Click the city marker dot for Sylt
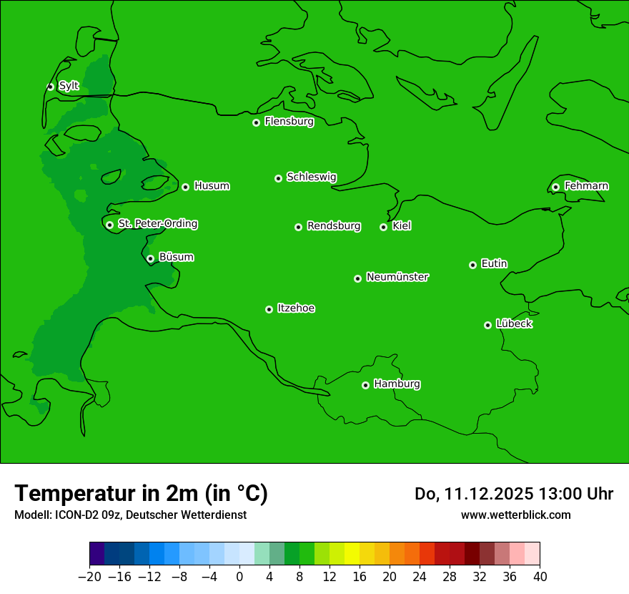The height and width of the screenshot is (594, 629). tap(50, 87)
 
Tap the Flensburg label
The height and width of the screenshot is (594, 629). tap(289, 122)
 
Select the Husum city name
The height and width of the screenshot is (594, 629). tap(212, 186)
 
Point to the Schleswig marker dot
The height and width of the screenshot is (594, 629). tap(278, 178)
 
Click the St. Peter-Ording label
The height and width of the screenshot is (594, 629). tap(157, 224)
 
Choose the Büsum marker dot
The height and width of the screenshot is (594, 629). tap(150, 258)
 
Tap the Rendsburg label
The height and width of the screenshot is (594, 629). tap(334, 226)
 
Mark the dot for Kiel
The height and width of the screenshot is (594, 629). tap(383, 227)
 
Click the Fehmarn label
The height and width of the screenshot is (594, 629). tap(586, 186)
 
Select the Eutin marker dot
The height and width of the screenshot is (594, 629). tap(472, 265)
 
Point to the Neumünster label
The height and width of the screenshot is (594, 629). tap(397, 277)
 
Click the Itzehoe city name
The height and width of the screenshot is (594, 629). tap(296, 308)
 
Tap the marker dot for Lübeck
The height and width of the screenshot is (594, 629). tap(487, 325)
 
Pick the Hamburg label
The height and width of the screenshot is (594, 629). tap(397, 384)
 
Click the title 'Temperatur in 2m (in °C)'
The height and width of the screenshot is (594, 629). tap(141, 493)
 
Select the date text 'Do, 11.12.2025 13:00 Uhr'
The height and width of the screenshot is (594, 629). tap(514, 494)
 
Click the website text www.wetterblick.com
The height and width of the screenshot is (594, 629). tap(515, 515)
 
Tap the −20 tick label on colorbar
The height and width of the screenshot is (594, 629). tap(89, 577)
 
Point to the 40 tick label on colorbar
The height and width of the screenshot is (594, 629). tap(540, 577)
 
